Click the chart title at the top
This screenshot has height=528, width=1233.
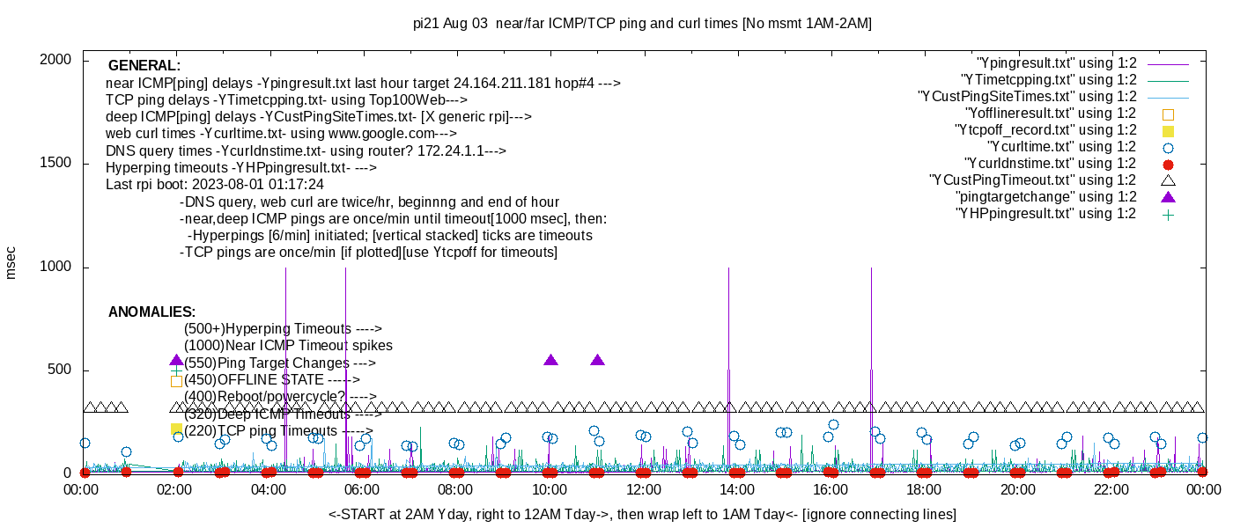[x=642, y=24]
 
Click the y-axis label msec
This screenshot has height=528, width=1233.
[x=11, y=262]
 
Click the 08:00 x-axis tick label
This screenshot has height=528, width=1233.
[x=456, y=490]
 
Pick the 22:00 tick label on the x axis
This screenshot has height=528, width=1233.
[x=1111, y=490]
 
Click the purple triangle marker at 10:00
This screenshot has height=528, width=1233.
[x=550, y=360]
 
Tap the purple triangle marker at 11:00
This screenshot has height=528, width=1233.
[x=597, y=360]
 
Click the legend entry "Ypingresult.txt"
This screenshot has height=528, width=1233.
[x=1057, y=63]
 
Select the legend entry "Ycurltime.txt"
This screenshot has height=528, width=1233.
[x=1061, y=147]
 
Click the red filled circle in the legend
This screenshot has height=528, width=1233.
[x=1169, y=164]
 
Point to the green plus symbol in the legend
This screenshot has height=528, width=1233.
[x=1169, y=214]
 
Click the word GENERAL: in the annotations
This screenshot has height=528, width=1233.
[x=144, y=66]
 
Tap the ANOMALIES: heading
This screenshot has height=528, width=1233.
[x=151, y=312]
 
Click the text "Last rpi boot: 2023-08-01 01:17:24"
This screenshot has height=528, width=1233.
[x=215, y=185]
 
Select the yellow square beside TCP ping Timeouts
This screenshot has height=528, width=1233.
[x=176, y=429]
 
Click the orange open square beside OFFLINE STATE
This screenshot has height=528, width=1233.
[x=176, y=381]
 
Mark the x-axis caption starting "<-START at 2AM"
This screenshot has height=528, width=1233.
[x=642, y=514]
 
